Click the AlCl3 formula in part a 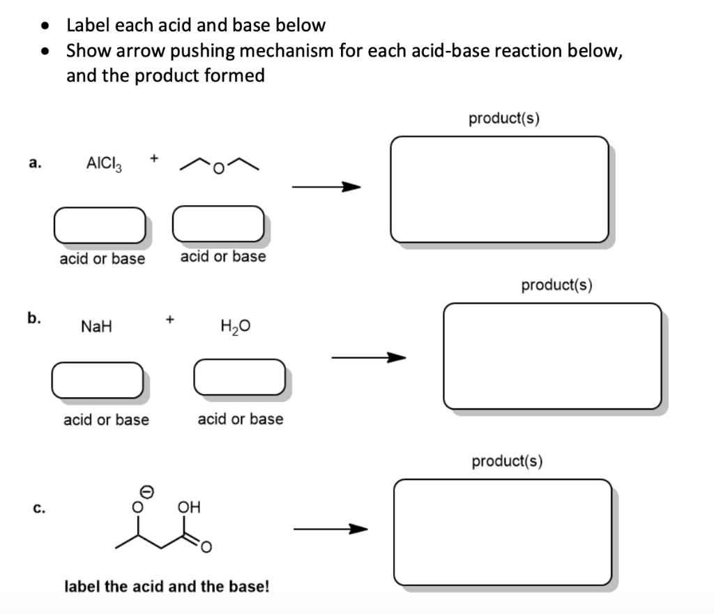click(104, 164)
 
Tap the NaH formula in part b click(97, 326)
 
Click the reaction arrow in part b click(367, 358)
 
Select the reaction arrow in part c click(329, 530)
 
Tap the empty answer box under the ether click(218, 222)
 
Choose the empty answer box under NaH click(97, 380)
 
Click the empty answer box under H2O click(239, 377)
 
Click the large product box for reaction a click(499, 189)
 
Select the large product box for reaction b click(552, 356)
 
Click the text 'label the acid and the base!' click(166, 586)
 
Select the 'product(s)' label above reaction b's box click(556, 285)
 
